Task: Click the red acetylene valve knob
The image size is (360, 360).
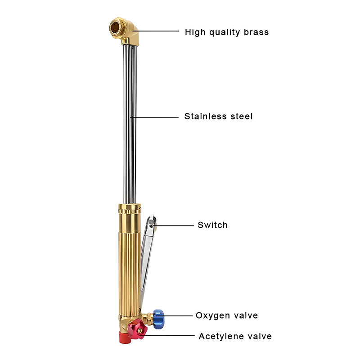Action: (x=137, y=330)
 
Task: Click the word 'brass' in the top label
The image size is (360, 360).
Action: (x=254, y=32)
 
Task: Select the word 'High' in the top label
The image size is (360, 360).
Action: (x=194, y=32)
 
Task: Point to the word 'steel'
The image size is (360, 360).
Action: (x=241, y=117)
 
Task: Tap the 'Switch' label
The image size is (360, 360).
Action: (x=213, y=225)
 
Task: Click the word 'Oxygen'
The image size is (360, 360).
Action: (x=212, y=315)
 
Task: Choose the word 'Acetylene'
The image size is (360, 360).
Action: (x=220, y=336)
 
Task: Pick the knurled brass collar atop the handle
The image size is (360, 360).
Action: (x=130, y=209)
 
